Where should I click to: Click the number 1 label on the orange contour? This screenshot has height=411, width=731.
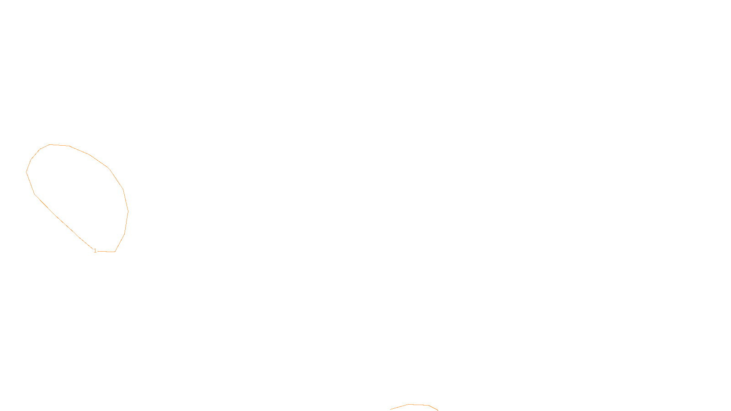pyautogui.click(x=95, y=251)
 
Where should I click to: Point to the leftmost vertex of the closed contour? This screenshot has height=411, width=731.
pyautogui.click(x=26, y=172)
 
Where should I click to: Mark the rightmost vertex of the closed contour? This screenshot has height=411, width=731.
pyautogui.click(x=128, y=211)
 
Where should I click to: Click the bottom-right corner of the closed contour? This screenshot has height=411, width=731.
pyautogui.click(x=115, y=252)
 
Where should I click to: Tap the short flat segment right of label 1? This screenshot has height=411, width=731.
pyautogui.click(x=106, y=251)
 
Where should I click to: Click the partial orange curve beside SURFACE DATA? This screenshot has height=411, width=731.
pyautogui.click(x=418, y=405)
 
